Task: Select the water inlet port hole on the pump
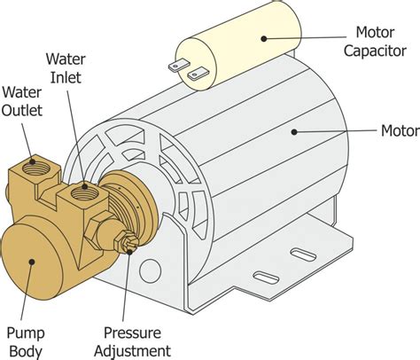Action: click(x=85, y=187)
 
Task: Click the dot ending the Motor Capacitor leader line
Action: click(x=263, y=37)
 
